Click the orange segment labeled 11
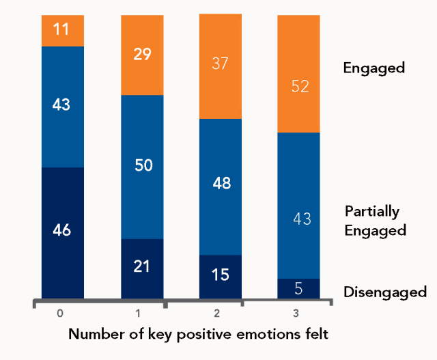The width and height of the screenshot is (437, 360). pos(62,30)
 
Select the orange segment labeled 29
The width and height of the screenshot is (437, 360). pos(142,55)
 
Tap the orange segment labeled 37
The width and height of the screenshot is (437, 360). pos(220,66)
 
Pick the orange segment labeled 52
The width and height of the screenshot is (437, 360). pos(298,73)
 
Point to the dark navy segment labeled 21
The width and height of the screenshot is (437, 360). pos(142,268)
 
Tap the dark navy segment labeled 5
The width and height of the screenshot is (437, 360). pos(298,288)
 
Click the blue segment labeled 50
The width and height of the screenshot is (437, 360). pos(142,167)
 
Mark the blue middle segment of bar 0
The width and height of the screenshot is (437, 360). pos(62,107)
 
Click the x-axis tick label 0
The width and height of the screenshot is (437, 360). pos(61,314)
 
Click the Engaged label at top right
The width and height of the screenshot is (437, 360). pos(373,68)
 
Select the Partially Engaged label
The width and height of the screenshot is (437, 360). pos(375,221)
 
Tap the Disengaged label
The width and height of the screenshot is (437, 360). pos(384,292)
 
